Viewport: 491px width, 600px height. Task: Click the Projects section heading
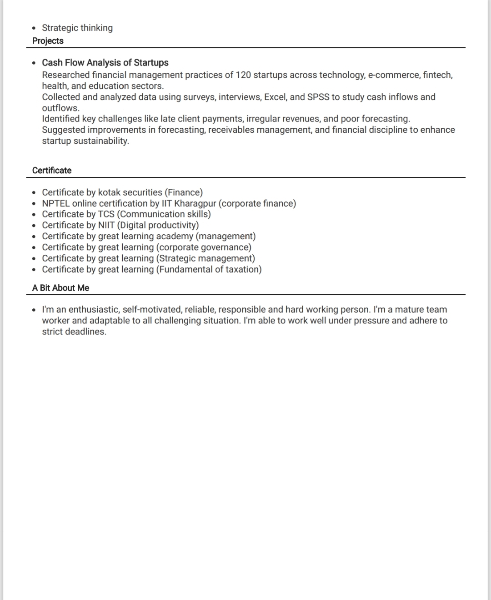pos(48,41)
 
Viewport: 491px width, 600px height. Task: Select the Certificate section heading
pos(52,171)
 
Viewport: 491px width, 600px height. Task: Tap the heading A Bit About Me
pos(60,288)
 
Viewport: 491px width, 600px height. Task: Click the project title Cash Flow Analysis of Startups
pos(105,63)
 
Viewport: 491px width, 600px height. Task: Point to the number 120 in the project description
pos(243,75)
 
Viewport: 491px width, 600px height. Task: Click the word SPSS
pos(318,97)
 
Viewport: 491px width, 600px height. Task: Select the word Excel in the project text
pos(274,97)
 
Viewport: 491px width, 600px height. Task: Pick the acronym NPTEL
pos(56,203)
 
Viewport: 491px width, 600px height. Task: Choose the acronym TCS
pos(106,214)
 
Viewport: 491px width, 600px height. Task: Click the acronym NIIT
pos(106,225)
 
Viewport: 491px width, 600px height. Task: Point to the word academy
pos(175,237)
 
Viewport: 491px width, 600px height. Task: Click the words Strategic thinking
pos(77,28)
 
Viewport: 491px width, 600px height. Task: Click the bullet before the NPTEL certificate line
pos(34,204)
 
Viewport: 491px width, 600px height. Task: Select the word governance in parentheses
pos(226,247)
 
